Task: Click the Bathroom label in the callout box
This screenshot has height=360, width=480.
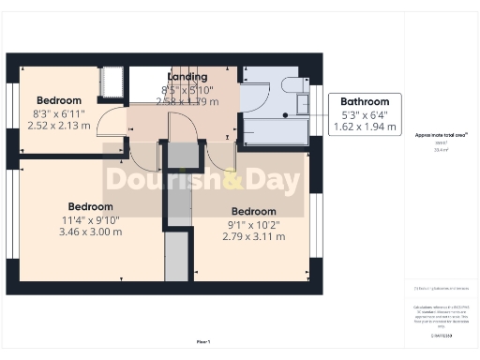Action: pyautogui.click(x=365, y=101)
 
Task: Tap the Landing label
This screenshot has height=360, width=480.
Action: pyautogui.click(x=187, y=76)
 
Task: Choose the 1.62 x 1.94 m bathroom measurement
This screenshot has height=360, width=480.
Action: pyautogui.click(x=365, y=125)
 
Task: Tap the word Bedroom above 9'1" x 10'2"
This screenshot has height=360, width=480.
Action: pyautogui.click(x=253, y=212)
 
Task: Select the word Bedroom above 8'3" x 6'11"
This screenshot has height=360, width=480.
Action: pyautogui.click(x=59, y=100)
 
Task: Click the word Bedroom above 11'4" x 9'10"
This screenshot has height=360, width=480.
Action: pyautogui.click(x=90, y=206)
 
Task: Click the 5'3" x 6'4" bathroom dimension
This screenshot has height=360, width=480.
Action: pyautogui.click(x=365, y=113)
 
